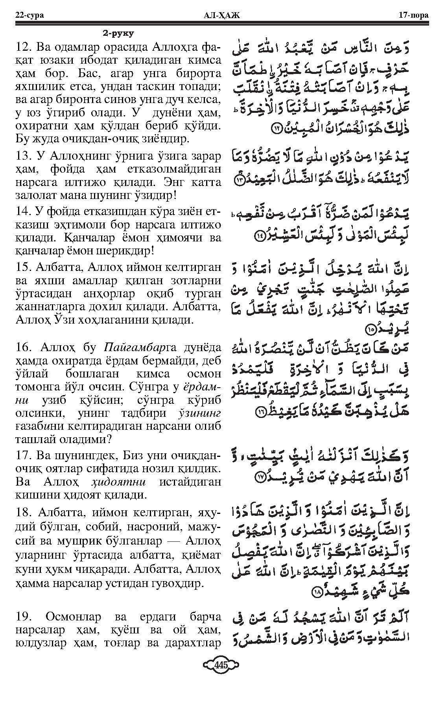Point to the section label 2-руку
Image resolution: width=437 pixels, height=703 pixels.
(118, 33)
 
